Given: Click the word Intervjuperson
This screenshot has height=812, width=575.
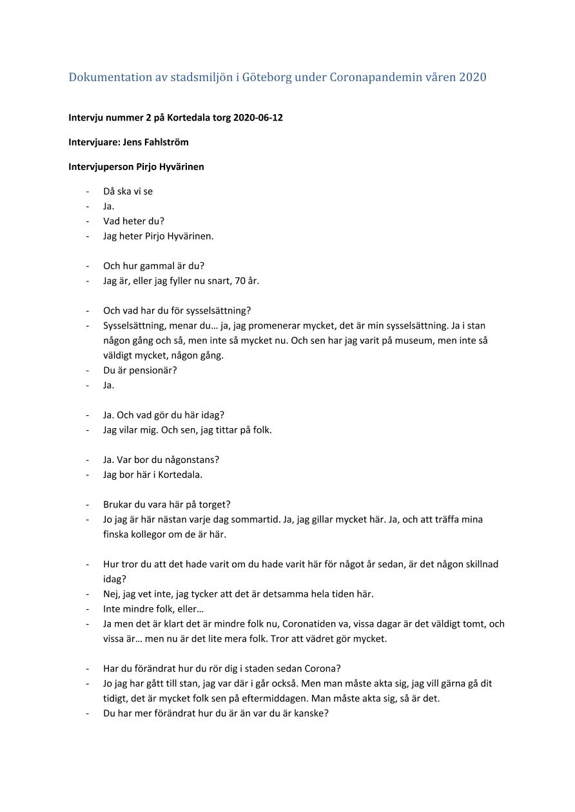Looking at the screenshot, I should click(101, 167).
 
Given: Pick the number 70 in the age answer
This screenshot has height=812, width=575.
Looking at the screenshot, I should click(238, 281).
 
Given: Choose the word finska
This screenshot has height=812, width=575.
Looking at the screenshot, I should click(116, 534).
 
